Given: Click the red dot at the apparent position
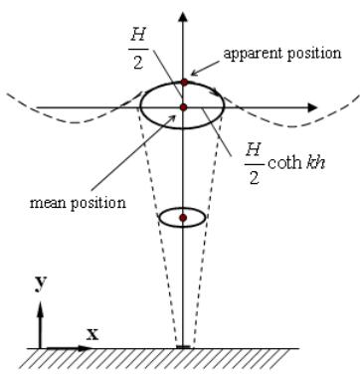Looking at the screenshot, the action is click(184, 83).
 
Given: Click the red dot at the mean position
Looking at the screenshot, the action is click(184, 107).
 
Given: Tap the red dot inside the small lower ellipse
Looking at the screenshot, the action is click(183, 218).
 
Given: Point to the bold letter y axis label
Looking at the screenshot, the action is click(40, 284).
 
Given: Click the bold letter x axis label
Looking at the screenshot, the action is click(92, 335).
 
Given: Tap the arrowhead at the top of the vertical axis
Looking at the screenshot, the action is click(183, 17).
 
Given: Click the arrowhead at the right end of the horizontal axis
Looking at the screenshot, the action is click(312, 107).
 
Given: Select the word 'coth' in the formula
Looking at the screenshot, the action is click(283, 162).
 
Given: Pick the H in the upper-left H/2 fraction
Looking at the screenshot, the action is click(138, 34).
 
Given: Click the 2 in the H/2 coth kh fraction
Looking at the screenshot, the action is click(254, 178).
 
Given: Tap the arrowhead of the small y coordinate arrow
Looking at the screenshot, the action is click(41, 307).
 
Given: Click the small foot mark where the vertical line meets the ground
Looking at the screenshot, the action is click(183, 347).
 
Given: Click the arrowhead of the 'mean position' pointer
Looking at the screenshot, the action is click(172, 118).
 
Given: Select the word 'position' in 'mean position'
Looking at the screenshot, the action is click(98, 204).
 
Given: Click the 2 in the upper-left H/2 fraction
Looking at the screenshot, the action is click(138, 62).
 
